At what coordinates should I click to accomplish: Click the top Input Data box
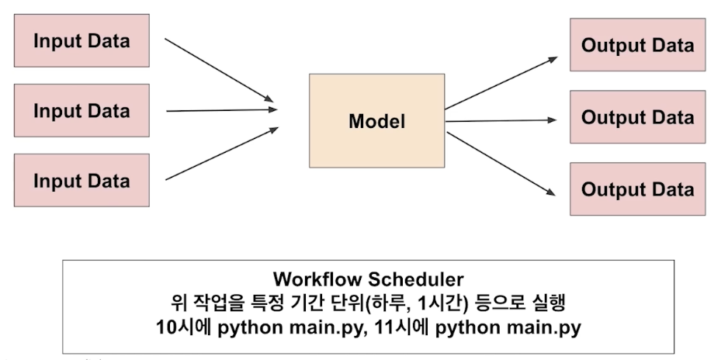[x=81, y=40]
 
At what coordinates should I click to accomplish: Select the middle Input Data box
[x=81, y=110]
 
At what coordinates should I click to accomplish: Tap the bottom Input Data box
[x=81, y=180]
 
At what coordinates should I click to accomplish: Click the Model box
[x=377, y=121]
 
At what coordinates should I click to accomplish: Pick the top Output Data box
[x=637, y=44]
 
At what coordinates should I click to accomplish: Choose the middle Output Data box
[x=637, y=117]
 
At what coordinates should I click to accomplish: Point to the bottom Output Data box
[x=637, y=189]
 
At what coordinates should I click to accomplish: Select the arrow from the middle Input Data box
[x=220, y=109]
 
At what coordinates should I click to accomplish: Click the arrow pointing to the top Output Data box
[x=501, y=82]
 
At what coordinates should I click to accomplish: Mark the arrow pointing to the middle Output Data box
[x=501, y=120]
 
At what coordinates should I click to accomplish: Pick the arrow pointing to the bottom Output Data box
[x=501, y=161]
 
